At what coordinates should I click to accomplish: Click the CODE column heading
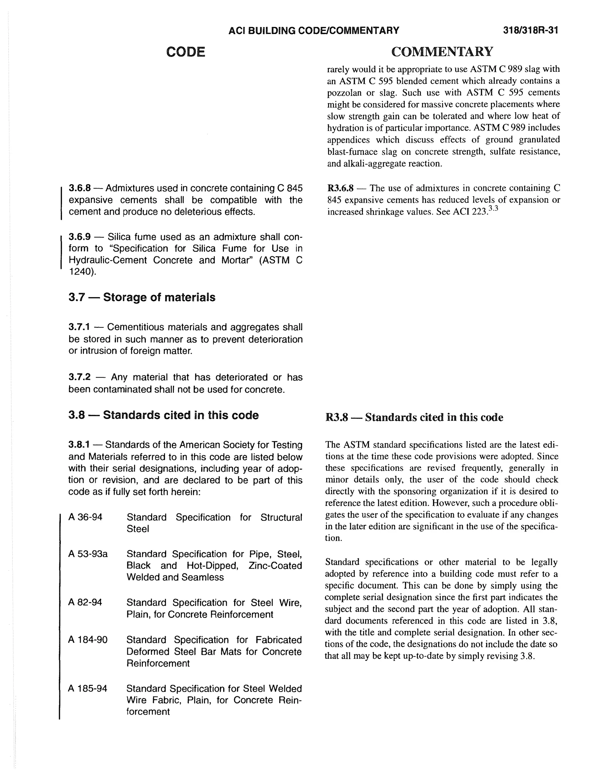tap(186, 52)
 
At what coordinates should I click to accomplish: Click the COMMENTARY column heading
tap(442, 52)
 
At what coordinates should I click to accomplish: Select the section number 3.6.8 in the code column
tap(79, 188)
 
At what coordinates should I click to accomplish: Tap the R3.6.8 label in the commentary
tap(340, 188)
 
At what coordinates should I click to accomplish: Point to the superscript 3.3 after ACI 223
tap(493, 209)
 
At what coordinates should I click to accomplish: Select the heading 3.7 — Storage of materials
tap(142, 297)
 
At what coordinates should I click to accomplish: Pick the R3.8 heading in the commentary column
tap(414, 417)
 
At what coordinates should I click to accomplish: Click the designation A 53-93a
tap(88, 553)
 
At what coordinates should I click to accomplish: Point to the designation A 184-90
tap(88, 640)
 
